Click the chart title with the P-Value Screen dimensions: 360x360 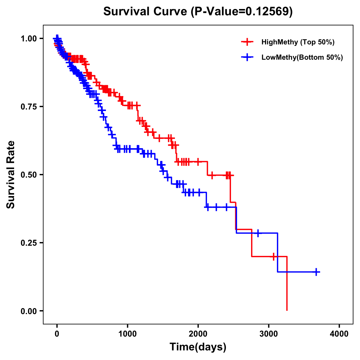pos(198,11)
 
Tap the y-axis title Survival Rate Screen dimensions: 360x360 pos(11,175)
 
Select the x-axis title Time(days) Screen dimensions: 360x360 pos(198,347)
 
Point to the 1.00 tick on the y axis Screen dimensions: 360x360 pos(28,38)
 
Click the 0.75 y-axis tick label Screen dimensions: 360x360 pos(28,106)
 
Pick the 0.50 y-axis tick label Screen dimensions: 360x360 pos(28,175)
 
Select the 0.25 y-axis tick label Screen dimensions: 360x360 pos(28,243)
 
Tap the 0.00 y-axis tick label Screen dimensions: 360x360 pos(28,311)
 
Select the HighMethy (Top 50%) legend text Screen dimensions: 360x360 pos(298,42)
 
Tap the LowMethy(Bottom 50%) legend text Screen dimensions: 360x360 pos(302,57)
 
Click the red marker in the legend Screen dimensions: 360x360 pos(247,42)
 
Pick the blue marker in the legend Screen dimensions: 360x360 pos(247,57)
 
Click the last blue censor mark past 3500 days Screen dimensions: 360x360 pos(316,272)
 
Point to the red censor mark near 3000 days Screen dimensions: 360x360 pos(273,256)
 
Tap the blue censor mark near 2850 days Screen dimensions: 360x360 pos(257,233)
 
